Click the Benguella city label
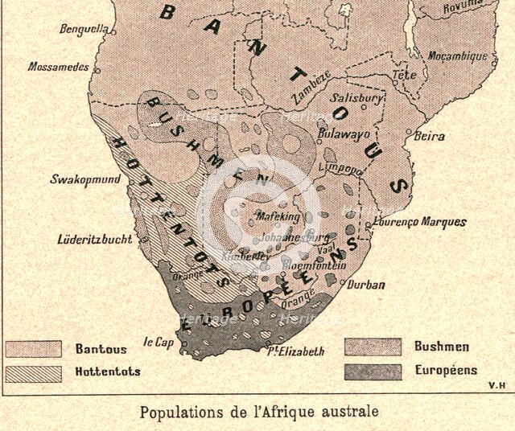[84, 30]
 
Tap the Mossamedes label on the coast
[58, 68]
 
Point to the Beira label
[429, 137]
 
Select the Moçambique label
[458, 56]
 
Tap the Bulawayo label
[344, 132]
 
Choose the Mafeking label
[277, 217]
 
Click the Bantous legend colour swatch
[33, 349]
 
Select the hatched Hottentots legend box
[33, 372]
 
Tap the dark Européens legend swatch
[372, 371]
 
